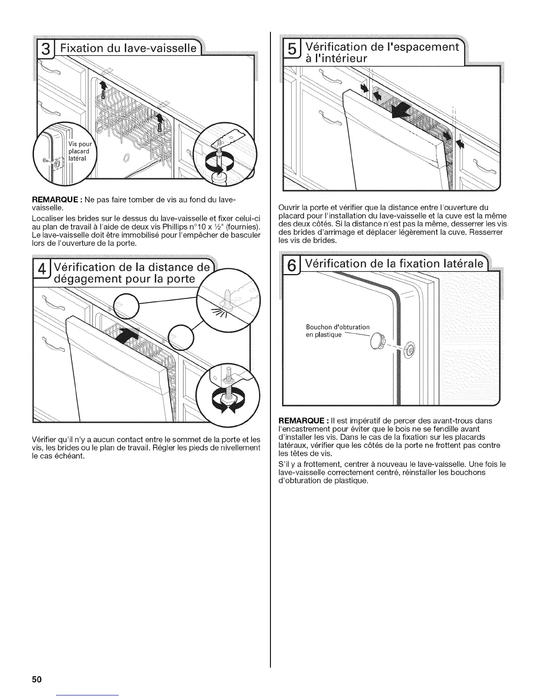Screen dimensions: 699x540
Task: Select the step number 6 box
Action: point(292,267)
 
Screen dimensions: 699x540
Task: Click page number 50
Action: point(36,679)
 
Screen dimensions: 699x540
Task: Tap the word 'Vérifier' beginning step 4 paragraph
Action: point(45,440)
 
